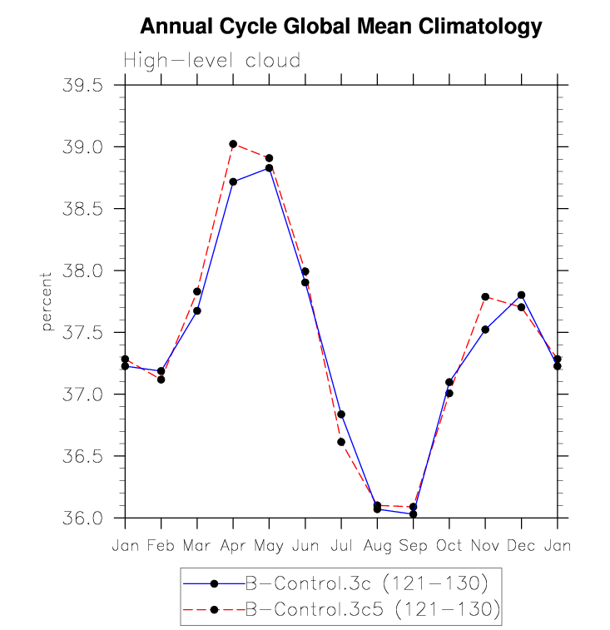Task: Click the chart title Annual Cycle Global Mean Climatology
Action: [x=340, y=27]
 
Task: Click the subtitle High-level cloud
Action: [x=211, y=61]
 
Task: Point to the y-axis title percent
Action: [x=47, y=300]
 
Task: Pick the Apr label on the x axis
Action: [x=233, y=546]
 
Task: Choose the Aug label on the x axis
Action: [x=377, y=546]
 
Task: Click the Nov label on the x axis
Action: [x=485, y=546]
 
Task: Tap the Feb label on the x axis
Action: [x=161, y=546]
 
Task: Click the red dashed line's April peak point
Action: [x=233, y=144]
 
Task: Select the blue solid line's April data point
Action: [x=233, y=181]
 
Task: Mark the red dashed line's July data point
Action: [x=341, y=442]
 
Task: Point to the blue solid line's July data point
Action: [x=341, y=414]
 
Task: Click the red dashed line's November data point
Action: [x=485, y=297]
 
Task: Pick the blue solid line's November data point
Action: [x=485, y=330]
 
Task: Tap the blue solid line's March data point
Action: [x=197, y=310]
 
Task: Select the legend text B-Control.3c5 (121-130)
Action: [x=372, y=610]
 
